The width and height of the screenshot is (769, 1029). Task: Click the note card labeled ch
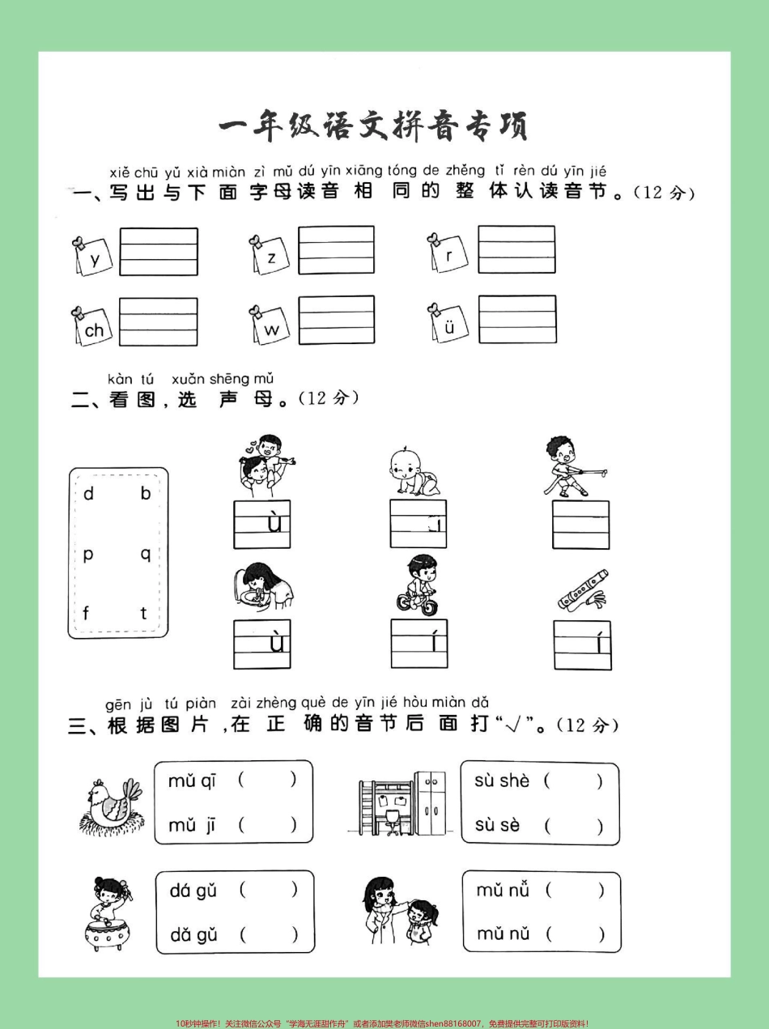[93, 327]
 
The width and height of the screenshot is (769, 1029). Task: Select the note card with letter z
[270, 257]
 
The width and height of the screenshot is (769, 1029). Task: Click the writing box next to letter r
[516, 249]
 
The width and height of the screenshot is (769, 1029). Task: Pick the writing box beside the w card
[336, 320]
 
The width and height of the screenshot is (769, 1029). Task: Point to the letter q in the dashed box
[146, 554]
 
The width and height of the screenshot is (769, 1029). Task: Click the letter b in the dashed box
[146, 493]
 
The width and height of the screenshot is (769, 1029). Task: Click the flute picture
[582, 590]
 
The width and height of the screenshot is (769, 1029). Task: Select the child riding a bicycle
[418, 585]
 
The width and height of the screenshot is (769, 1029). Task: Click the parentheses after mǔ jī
[267, 825]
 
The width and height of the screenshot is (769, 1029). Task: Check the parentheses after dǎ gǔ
[268, 934]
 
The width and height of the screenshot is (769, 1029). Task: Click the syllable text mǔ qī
[192, 780]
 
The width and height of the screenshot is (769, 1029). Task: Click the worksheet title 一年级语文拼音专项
[373, 126]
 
